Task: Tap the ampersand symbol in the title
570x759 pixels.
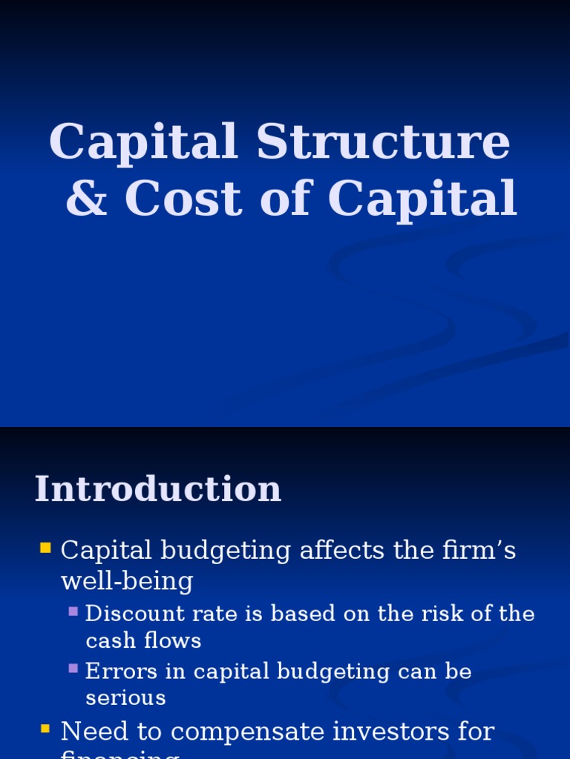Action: [x=86, y=199]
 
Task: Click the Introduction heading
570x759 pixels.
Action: [x=158, y=489]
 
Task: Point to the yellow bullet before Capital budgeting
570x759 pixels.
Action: [x=46, y=548]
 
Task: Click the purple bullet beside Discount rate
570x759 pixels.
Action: [x=73, y=611]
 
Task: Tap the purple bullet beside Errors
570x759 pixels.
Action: [x=73, y=669]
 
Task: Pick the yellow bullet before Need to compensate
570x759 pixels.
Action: [x=46, y=729]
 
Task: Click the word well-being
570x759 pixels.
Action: [x=127, y=581]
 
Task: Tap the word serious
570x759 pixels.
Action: [x=125, y=698]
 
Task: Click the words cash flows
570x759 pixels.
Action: [x=143, y=640]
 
